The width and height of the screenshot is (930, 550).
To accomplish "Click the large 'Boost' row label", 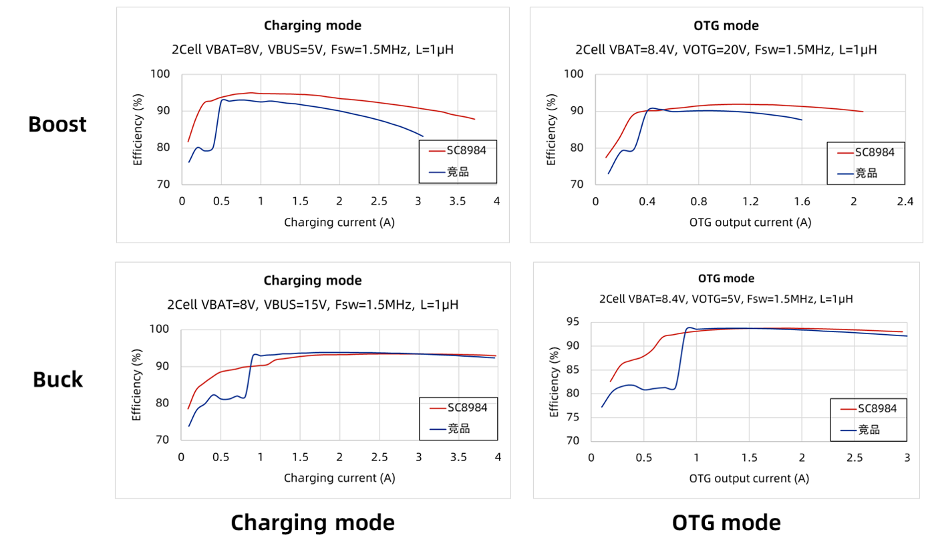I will pos(57,124).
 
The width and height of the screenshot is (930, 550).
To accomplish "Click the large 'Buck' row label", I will pos(58,380).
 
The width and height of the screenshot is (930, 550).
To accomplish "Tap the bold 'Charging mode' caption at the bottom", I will pos(313,523).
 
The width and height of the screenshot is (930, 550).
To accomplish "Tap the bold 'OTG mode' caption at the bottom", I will pos(726,523).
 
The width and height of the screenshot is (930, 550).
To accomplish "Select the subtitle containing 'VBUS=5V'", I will pos(313,49).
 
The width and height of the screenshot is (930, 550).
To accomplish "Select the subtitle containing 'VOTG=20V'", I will pos(726,49).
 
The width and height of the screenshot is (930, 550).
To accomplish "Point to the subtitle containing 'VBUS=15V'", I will pos(313,305).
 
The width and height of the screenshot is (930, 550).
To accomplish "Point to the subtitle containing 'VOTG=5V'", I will pos(726,299).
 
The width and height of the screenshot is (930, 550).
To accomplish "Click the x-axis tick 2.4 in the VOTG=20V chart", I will pos(905,202).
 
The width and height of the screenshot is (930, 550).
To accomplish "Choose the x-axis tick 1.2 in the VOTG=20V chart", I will pos(750,202).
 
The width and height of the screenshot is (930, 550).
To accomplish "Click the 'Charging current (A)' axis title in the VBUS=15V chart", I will pos(339,478).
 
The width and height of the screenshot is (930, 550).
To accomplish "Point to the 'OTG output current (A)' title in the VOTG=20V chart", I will pos(750,222).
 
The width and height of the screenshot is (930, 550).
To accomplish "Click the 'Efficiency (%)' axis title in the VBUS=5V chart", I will pos(138,130).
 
